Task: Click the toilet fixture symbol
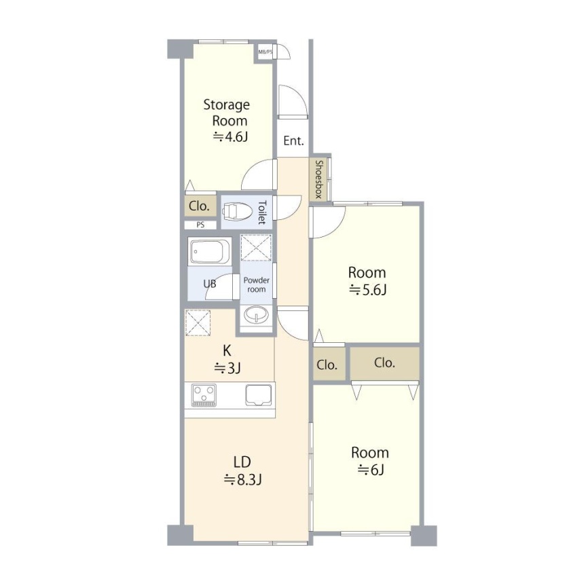[237, 212]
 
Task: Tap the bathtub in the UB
[210, 251]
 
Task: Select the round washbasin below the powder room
[256, 314]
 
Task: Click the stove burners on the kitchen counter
[204, 395]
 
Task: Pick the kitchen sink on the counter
[259, 395]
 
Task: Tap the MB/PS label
[265, 52]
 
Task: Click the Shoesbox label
[318, 179]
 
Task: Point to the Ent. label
[293, 141]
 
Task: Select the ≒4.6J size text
[230, 137]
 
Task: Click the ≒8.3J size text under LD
[242, 479]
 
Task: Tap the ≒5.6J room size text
[367, 290]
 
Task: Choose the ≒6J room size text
[371, 470]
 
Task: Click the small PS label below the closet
[200, 225]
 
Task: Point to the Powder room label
[257, 284]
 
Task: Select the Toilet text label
[262, 213]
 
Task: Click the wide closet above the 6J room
[385, 363]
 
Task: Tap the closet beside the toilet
[200, 206]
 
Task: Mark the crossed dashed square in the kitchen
[198, 323]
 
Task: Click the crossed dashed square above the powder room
[256, 248]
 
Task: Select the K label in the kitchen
[227, 351]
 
